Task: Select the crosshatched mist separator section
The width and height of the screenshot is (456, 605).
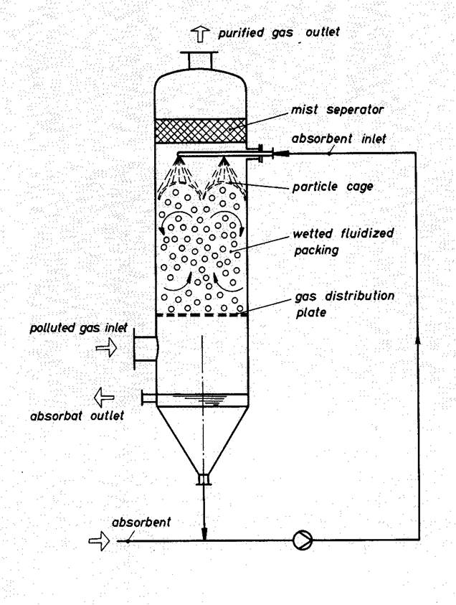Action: coord(201,131)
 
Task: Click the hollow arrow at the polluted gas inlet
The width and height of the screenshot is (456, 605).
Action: coord(106,348)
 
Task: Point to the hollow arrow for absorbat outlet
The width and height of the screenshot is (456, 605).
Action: coord(105,395)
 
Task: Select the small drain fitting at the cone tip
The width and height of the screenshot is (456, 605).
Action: coord(204,479)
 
